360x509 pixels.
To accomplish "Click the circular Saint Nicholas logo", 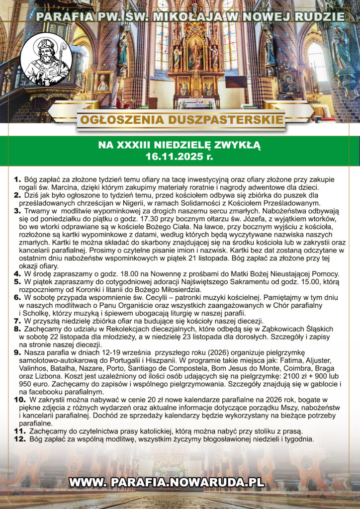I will (x=49, y=60).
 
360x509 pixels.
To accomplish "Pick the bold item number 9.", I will (x=17, y=353).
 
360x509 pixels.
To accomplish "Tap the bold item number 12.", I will (x=19, y=439).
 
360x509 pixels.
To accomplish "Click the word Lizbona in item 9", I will (x=48, y=376).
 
